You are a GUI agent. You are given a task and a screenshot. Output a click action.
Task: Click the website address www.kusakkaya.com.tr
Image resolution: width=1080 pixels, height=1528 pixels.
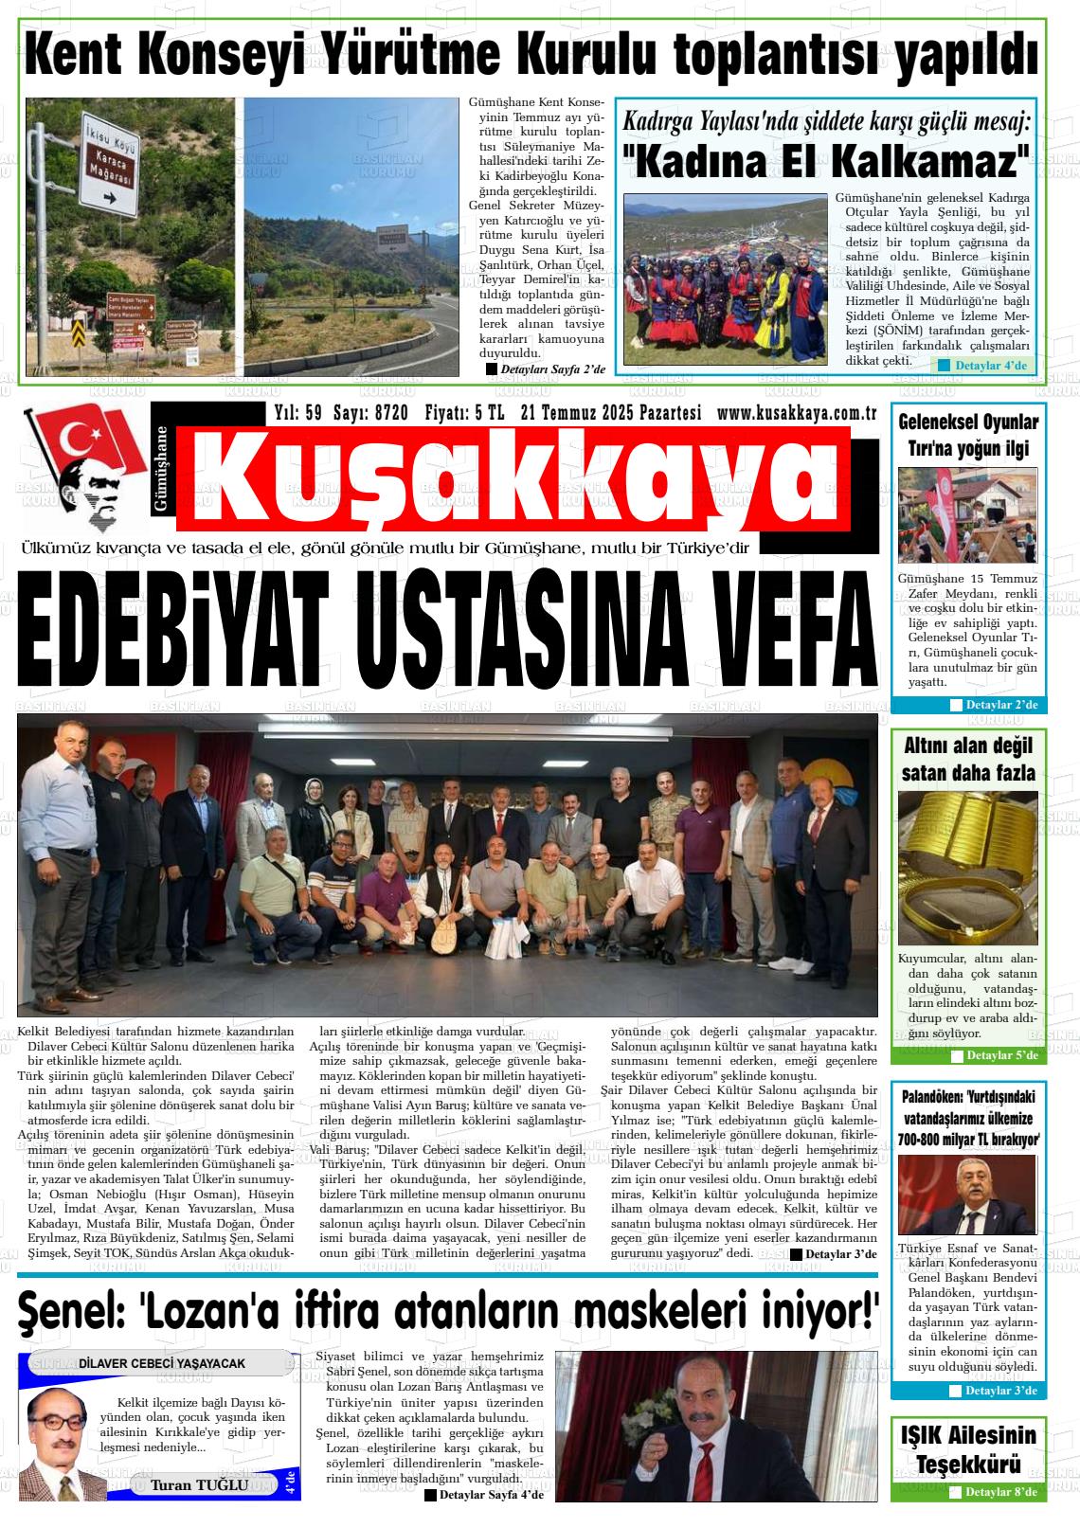796,412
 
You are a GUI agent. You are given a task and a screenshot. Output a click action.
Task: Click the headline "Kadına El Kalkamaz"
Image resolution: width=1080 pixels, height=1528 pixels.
825,162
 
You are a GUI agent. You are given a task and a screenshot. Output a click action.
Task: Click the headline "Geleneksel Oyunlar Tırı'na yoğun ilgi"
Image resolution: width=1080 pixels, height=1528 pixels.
967,435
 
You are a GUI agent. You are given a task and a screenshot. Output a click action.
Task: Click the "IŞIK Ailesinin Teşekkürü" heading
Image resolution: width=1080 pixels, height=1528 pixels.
967,1448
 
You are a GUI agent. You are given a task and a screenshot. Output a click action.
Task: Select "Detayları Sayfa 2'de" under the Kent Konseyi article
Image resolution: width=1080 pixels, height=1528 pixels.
547,369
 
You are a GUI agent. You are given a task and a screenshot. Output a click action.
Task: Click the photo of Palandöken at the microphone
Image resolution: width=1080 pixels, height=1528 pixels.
967,1195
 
